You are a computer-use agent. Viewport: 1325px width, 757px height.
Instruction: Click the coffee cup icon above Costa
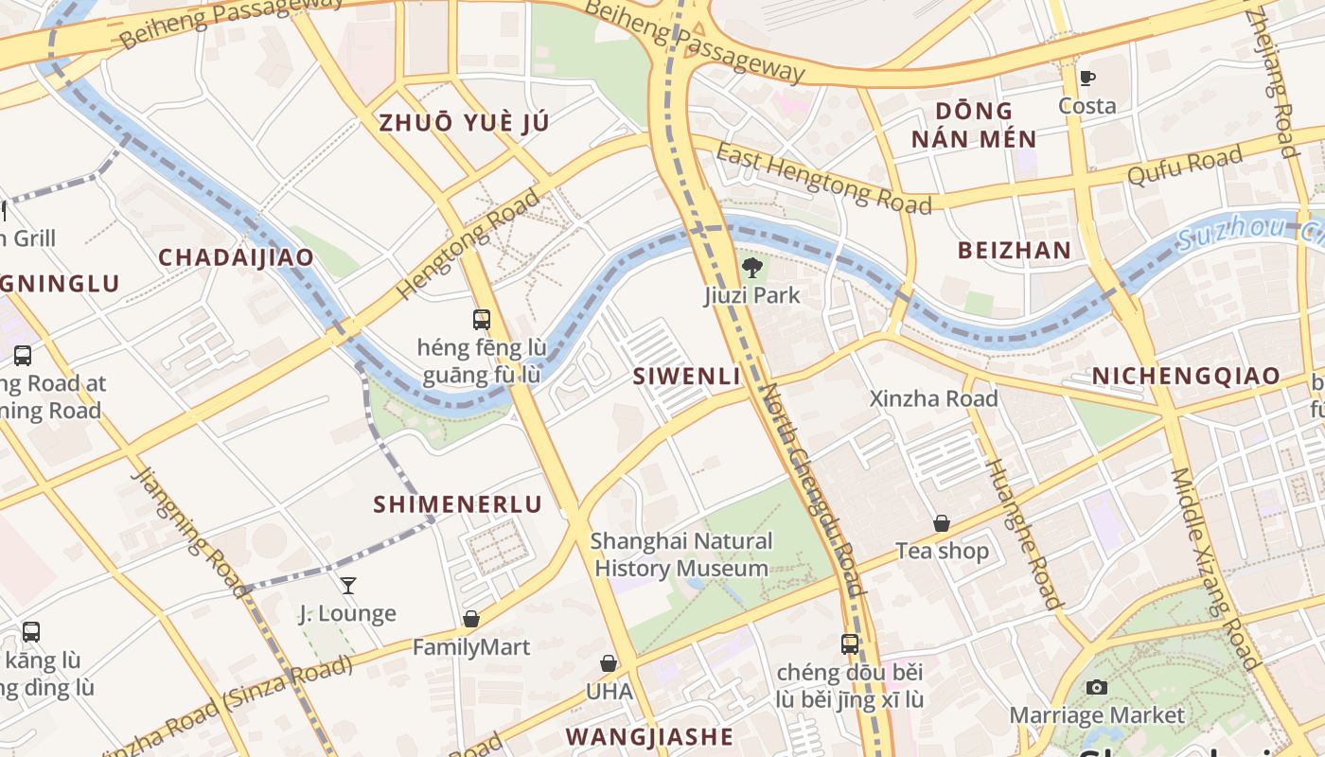(x=1087, y=78)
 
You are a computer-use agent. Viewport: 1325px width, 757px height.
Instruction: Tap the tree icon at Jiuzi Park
(x=752, y=268)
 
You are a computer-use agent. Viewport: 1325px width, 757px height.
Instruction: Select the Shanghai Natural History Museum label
(x=680, y=555)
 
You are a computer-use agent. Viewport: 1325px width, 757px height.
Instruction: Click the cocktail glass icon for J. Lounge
(x=348, y=586)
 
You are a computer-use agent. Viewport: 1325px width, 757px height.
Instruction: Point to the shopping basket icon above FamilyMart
(x=471, y=619)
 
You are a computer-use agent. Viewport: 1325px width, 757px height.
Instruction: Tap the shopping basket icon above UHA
(x=609, y=664)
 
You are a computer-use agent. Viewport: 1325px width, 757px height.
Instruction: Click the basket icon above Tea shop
(x=942, y=523)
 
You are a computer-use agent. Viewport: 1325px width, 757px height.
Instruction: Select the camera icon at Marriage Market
(x=1097, y=688)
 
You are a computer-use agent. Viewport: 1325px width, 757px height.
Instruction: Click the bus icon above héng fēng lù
(x=482, y=320)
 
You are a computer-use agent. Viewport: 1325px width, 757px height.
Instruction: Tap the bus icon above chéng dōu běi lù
(x=850, y=644)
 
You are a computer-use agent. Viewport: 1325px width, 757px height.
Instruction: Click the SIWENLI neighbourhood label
(x=686, y=376)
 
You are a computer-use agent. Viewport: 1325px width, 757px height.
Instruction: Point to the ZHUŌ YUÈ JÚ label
(x=464, y=122)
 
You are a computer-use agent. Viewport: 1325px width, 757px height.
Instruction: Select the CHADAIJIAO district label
(x=236, y=256)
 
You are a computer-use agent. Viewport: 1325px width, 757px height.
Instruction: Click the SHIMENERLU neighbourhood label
(x=457, y=504)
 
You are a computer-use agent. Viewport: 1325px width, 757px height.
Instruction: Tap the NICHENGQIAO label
(x=1186, y=376)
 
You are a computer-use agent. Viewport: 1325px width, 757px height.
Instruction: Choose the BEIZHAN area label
(x=1014, y=251)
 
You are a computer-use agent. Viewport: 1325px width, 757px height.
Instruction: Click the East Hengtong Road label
(x=822, y=179)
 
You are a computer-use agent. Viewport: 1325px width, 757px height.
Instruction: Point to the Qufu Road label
(x=1184, y=167)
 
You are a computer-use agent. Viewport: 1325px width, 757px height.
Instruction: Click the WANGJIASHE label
(x=649, y=736)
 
